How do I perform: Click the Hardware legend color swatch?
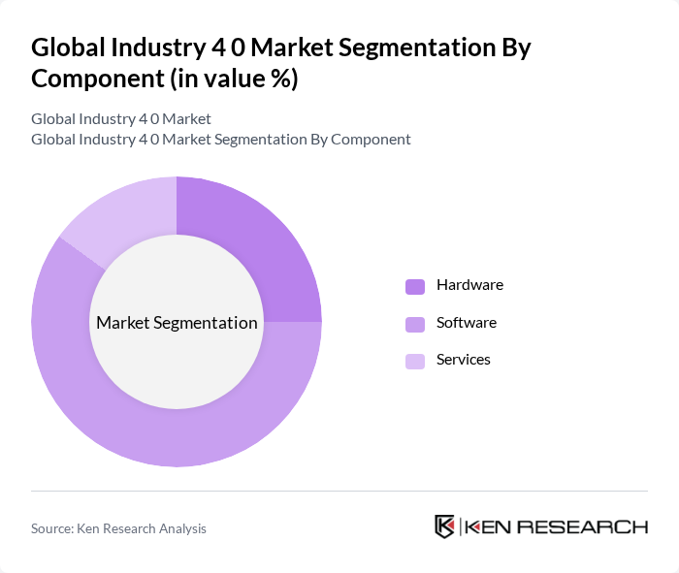(415, 286)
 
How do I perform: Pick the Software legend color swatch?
(415, 323)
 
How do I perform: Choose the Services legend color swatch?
(415, 361)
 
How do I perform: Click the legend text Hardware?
(469, 285)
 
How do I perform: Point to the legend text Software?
(466, 322)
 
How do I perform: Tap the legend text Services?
(463, 360)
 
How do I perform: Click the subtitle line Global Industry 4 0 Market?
(121, 118)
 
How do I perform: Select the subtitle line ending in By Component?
(220, 139)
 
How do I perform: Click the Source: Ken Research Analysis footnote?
(118, 528)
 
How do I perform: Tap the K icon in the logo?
(444, 526)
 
